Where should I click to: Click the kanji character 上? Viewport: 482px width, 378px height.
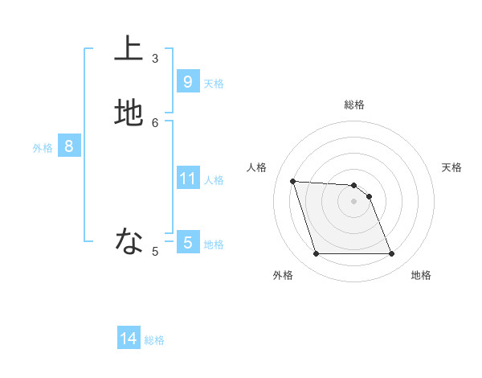click(x=129, y=47)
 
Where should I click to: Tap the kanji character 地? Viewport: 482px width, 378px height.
click(x=129, y=112)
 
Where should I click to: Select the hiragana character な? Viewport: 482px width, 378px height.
click(x=129, y=240)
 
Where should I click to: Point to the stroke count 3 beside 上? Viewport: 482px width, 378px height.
click(x=155, y=58)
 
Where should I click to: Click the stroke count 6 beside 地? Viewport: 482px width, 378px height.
click(x=155, y=122)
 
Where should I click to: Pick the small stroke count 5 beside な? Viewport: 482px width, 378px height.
click(x=155, y=252)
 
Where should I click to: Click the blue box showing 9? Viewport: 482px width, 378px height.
click(x=187, y=81)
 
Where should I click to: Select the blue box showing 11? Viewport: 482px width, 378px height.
click(x=187, y=178)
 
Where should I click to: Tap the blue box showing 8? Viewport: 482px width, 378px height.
click(x=69, y=146)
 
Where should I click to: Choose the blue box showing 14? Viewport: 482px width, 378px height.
click(x=129, y=339)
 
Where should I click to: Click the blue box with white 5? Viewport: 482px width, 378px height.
click(x=187, y=242)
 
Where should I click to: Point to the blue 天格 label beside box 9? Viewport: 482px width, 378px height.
click(x=214, y=84)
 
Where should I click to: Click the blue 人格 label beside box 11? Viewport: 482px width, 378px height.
click(x=214, y=180)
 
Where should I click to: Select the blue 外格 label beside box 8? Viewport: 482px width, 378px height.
click(x=43, y=148)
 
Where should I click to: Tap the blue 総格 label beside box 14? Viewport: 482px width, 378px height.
click(x=154, y=341)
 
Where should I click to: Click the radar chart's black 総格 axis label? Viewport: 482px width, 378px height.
click(x=353, y=105)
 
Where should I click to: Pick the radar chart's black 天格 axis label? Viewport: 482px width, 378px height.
click(x=451, y=167)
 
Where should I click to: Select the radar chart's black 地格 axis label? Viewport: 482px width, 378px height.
click(x=421, y=275)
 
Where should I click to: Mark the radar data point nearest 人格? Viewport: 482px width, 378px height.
click(x=292, y=181)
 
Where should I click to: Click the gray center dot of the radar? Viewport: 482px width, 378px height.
click(x=353, y=201)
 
